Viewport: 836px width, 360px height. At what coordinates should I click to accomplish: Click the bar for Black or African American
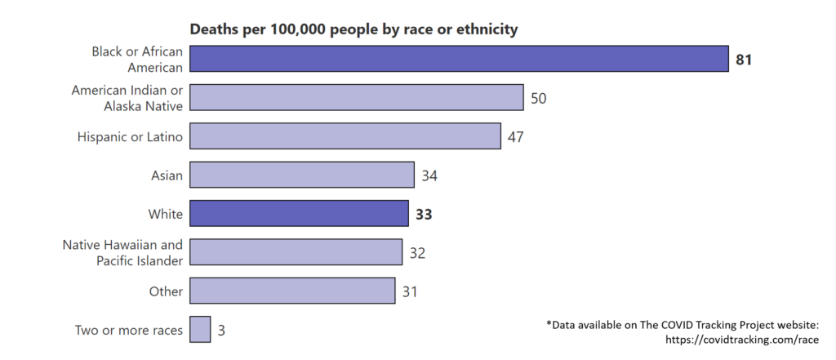459,59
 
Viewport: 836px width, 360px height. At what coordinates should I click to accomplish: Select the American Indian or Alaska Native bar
356,97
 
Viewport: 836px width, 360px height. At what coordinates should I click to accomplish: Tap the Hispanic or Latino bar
345,136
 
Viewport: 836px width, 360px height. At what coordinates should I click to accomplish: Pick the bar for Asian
302,175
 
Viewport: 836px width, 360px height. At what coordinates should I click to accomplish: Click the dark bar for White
299,213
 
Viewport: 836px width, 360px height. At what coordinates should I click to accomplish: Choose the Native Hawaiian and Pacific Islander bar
296,251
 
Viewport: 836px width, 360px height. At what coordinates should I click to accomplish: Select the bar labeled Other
292,291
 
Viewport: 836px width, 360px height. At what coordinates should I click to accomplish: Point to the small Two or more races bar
200,329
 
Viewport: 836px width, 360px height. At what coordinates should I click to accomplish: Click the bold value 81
743,59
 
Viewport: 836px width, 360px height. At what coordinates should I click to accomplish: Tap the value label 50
538,98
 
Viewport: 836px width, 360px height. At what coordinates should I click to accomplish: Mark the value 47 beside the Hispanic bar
515,136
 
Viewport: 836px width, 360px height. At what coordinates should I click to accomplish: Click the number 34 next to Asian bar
429,175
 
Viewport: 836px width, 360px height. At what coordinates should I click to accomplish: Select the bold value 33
423,214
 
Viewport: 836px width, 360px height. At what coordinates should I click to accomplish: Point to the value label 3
220,330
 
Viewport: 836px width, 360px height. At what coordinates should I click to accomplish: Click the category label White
166,214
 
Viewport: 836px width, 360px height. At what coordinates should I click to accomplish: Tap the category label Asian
167,175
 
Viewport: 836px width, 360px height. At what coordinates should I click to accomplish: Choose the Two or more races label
128,330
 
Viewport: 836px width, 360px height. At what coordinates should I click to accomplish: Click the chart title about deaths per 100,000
354,29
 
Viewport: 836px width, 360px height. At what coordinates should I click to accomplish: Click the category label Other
166,291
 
